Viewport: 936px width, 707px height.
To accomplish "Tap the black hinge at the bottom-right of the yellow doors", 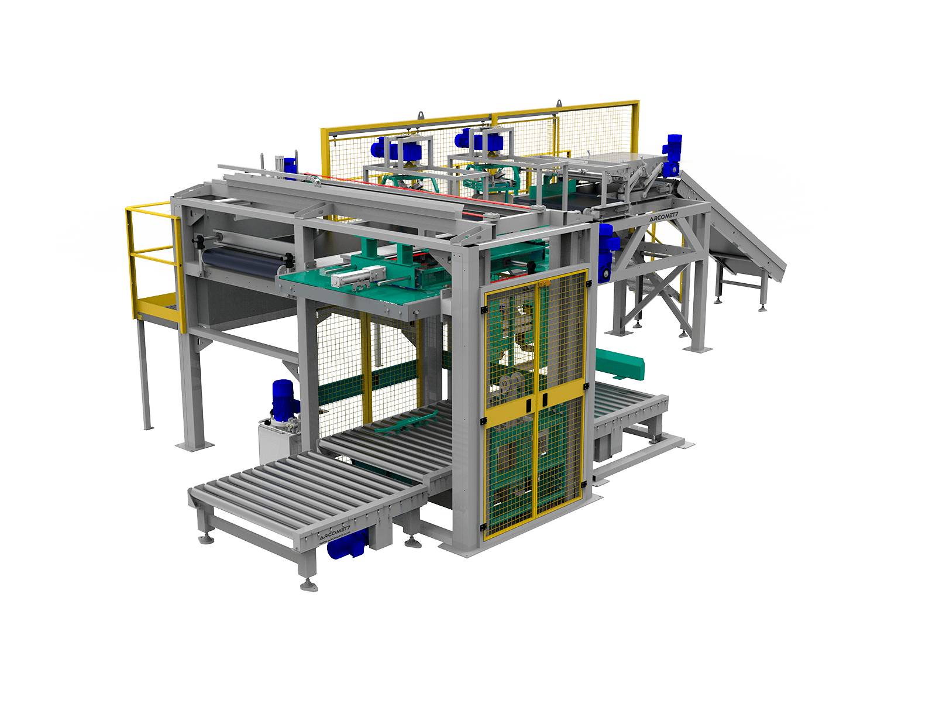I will [584, 483].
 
